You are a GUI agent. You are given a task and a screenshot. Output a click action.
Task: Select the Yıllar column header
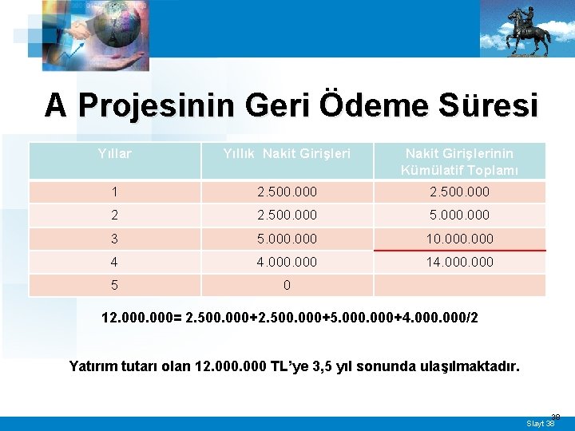(114, 152)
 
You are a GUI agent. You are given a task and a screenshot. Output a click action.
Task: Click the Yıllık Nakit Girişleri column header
(287, 152)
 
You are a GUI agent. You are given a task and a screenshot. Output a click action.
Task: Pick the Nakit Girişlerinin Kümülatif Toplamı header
(459, 160)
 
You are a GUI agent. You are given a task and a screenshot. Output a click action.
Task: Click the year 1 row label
(114, 192)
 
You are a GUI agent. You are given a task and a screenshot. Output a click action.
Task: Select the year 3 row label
(114, 239)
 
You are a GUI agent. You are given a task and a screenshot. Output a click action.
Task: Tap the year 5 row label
(114, 285)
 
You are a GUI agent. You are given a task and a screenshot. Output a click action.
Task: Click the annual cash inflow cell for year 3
(287, 239)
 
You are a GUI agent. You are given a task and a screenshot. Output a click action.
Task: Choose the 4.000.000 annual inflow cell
(287, 262)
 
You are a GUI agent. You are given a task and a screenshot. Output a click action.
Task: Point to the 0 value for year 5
(287, 285)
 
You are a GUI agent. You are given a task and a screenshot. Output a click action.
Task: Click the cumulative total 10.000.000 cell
(459, 239)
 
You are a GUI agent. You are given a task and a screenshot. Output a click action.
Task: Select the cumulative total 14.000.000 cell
(459, 262)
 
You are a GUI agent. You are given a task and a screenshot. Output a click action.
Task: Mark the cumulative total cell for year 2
(459, 215)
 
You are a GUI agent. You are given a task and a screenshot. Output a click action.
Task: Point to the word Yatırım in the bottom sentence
(93, 366)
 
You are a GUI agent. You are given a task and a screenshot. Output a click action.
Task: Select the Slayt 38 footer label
(541, 423)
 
